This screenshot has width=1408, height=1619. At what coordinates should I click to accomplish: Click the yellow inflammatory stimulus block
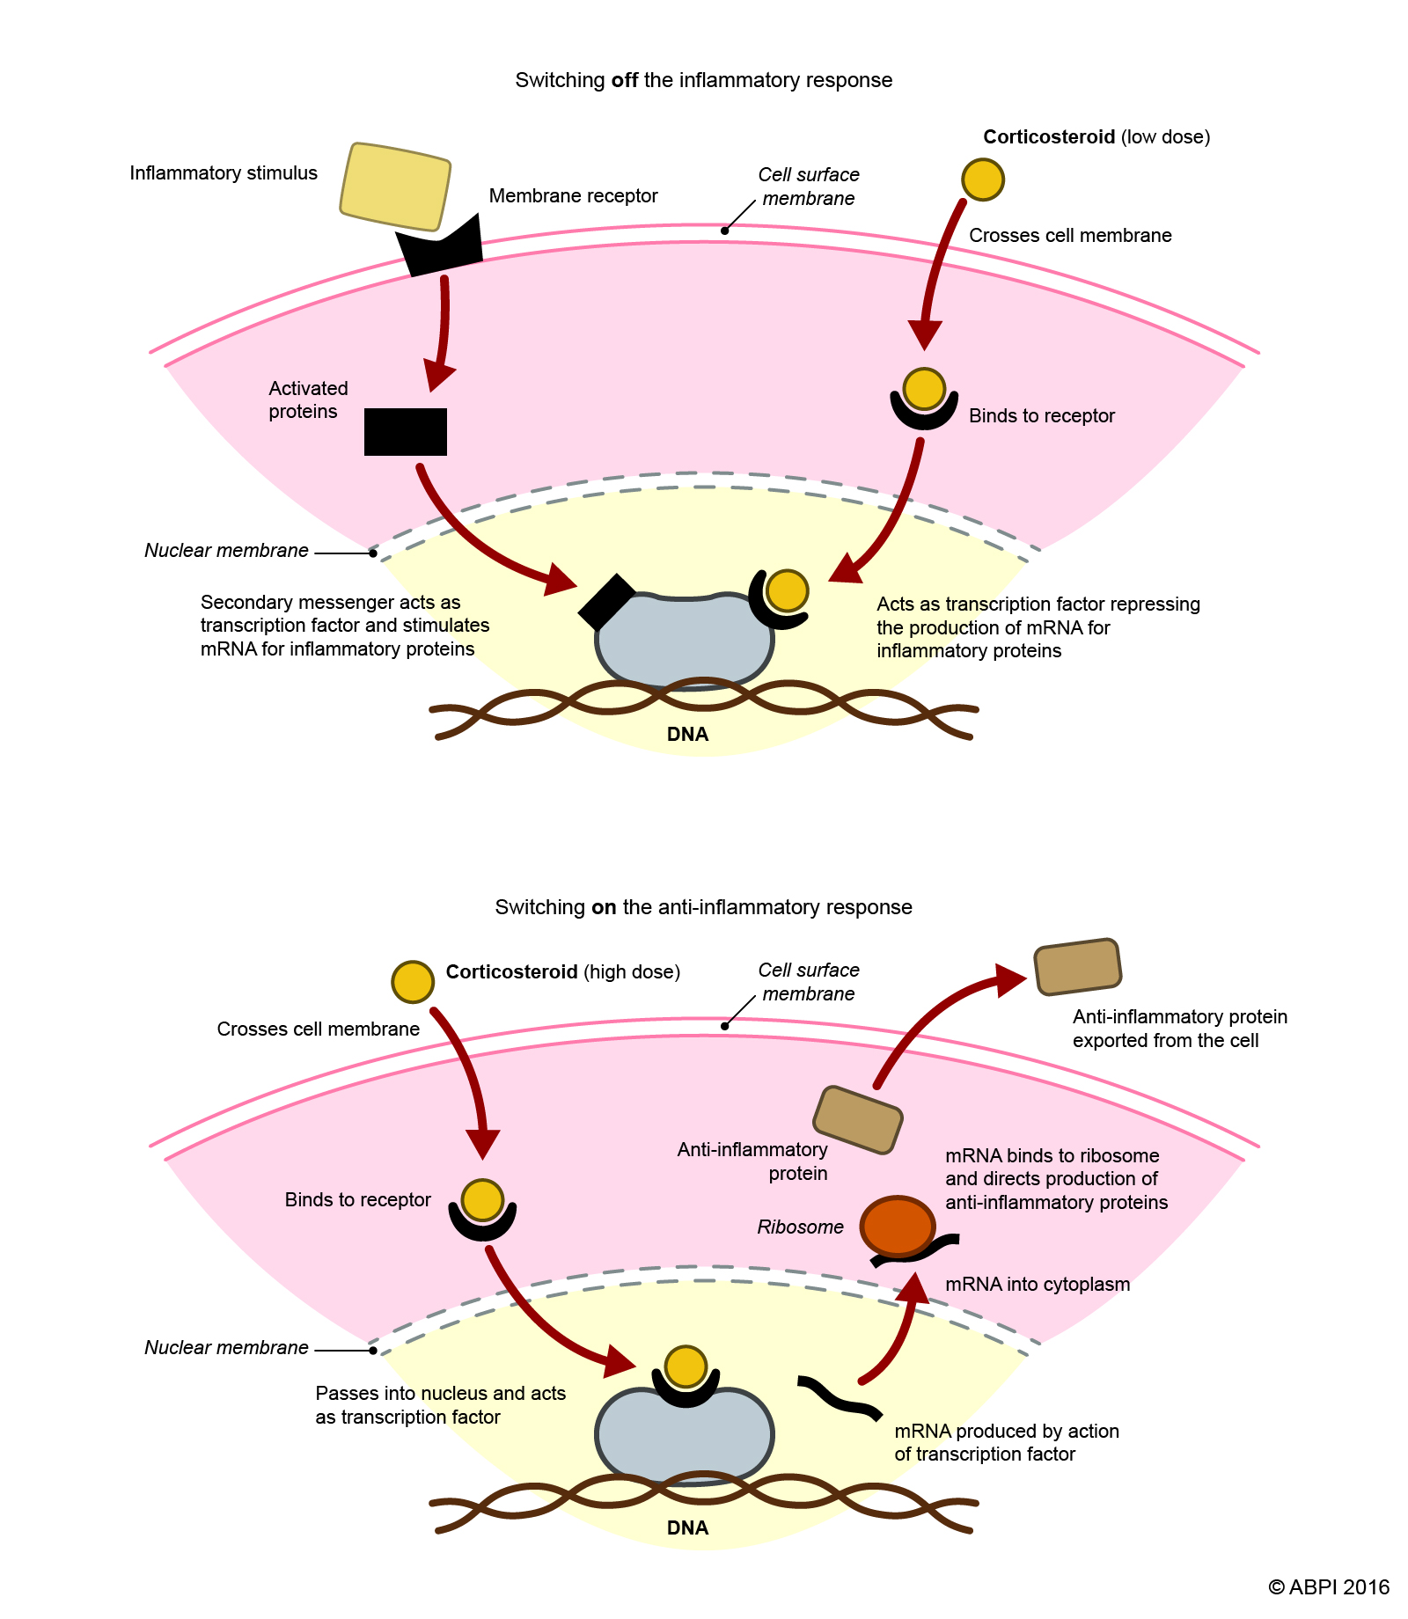click(x=395, y=187)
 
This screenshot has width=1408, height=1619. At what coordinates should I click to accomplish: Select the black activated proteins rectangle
click(x=406, y=432)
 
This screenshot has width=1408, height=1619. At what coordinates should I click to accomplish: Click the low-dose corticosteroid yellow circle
click(x=983, y=179)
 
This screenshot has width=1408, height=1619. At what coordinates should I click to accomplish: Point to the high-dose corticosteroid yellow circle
click(x=413, y=982)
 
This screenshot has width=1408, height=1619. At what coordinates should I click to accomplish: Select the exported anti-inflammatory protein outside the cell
click(x=1077, y=967)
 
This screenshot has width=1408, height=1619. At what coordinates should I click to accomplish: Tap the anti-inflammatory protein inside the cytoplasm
click(x=858, y=1120)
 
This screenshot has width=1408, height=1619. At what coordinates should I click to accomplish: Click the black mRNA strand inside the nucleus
click(x=839, y=1396)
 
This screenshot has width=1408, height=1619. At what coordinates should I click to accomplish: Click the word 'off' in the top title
click(x=625, y=80)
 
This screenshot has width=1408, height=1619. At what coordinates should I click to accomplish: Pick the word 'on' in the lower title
click(x=604, y=907)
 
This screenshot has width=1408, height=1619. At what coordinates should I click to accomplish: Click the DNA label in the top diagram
click(x=687, y=735)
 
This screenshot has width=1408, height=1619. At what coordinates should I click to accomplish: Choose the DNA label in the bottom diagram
click(x=687, y=1528)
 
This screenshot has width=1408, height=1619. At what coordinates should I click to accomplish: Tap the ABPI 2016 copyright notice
click(x=1329, y=1587)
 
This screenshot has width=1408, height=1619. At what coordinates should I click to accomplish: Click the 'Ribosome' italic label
click(x=800, y=1227)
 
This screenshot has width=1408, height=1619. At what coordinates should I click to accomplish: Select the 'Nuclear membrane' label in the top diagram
click(x=226, y=551)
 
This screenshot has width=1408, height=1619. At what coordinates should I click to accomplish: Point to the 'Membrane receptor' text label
click(x=573, y=195)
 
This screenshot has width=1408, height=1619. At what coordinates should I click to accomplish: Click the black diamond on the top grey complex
click(x=607, y=602)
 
